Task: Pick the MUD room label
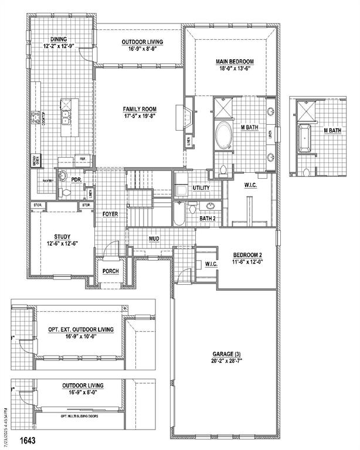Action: (154, 238)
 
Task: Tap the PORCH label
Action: (110, 271)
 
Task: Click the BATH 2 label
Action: (208, 219)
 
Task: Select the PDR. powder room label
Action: (76, 180)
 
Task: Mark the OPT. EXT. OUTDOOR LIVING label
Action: (81, 333)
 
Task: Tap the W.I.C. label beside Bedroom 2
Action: (211, 264)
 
